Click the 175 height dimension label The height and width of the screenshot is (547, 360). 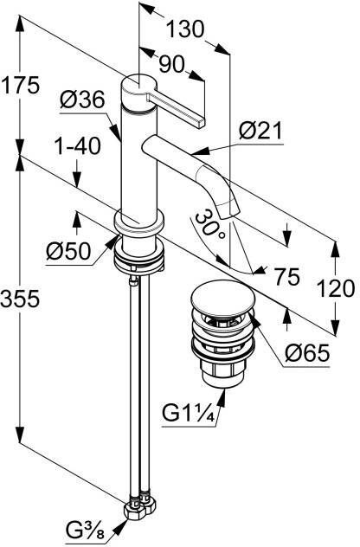pyautogui.click(x=20, y=86)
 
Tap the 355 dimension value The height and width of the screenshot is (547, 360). pyautogui.click(x=20, y=299)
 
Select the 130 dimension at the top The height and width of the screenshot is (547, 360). pyautogui.click(x=185, y=29)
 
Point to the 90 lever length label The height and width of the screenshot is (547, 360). pyautogui.click(x=171, y=65)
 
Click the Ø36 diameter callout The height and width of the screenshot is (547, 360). pyautogui.click(x=82, y=100)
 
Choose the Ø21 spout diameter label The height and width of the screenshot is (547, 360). pyautogui.click(x=260, y=132)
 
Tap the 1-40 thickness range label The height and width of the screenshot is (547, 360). pyautogui.click(x=78, y=145)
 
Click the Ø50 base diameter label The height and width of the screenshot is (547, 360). pyautogui.click(x=68, y=251)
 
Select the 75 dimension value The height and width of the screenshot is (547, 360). pyautogui.click(x=286, y=277)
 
